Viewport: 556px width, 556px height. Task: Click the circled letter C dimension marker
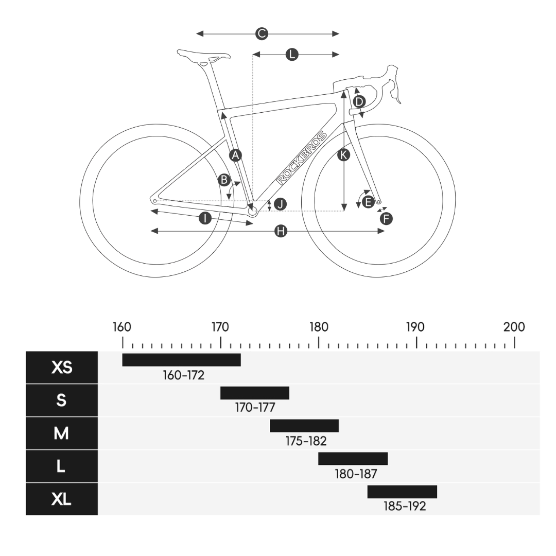pyautogui.click(x=262, y=34)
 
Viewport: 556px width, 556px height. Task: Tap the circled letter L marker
pyautogui.click(x=292, y=55)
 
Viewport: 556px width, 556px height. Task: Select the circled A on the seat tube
pyautogui.click(x=235, y=154)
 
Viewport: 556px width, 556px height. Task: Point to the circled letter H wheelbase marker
pyautogui.click(x=281, y=231)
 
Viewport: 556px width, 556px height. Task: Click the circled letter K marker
pyautogui.click(x=344, y=154)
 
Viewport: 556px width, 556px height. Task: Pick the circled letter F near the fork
pyautogui.click(x=386, y=218)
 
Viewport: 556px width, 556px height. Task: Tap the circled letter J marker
pyautogui.click(x=280, y=204)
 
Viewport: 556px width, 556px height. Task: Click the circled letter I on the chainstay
pyautogui.click(x=205, y=218)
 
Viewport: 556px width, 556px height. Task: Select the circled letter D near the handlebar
pyautogui.click(x=359, y=101)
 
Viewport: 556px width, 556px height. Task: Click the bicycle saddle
pyautogui.click(x=203, y=55)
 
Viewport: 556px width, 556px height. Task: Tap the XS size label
pyautogui.click(x=62, y=368)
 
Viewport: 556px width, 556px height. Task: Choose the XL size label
pyautogui.click(x=62, y=499)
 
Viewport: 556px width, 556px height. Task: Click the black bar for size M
pyautogui.click(x=304, y=426)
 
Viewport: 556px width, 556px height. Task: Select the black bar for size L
pyautogui.click(x=353, y=458)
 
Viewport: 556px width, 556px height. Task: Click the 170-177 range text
pyautogui.click(x=255, y=408)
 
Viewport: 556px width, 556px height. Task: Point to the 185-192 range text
pyautogui.click(x=405, y=506)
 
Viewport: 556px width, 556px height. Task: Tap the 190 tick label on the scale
pyautogui.click(x=415, y=327)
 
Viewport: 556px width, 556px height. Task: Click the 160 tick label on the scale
pyautogui.click(x=122, y=327)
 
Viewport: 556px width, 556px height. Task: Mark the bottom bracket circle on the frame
pyautogui.click(x=252, y=211)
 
